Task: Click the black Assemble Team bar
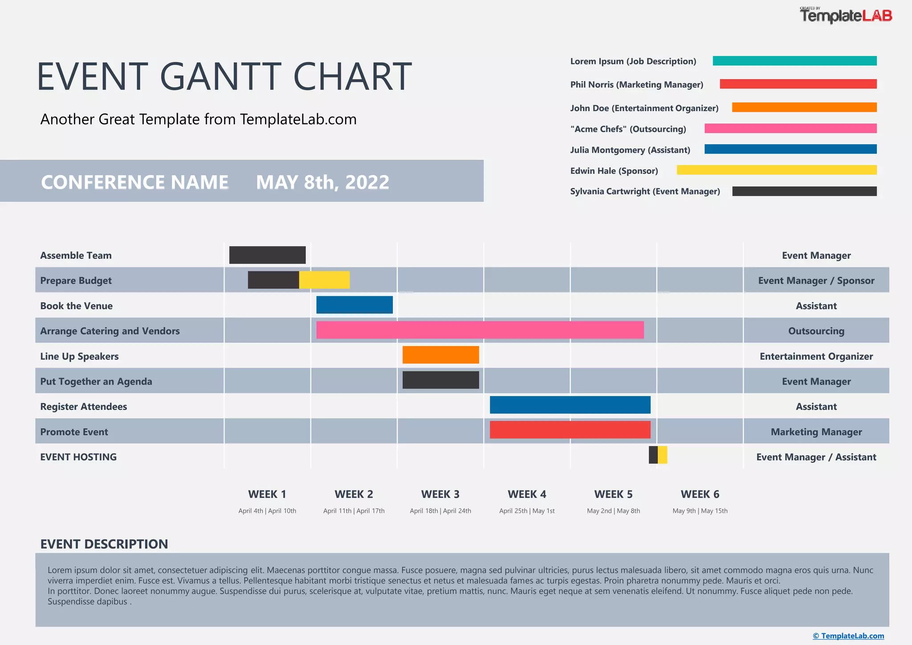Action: pyautogui.click(x=267, y=255)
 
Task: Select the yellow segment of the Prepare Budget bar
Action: pyautogui.click(x=324, y=280)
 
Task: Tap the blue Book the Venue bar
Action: pyautogui.click(x=354, y=305)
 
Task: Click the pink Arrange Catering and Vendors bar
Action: pyautogui.click(x=480, y=330)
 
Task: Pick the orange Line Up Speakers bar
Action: pyautogui.click(x=440, y=355)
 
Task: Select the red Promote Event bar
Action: pyautogui.click(x=570, y=430)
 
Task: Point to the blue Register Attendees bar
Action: pyautogui.click(x=570, y=405)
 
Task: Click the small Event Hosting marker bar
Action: pyautogui.click(x=658, y=455)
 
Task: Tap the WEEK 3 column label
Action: pyautogui.click(x=440, y=494)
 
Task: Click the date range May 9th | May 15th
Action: pyautogui.click(x=700, y=511)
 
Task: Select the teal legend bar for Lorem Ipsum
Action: pyautogui.click(x=794, y=61)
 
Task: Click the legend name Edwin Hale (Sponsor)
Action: pyautogui.click(x=614, y=171)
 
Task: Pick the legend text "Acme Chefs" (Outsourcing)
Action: pyautogui.click(x=628, y=129)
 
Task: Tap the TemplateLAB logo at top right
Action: pyautogui.click(x=846, y=16)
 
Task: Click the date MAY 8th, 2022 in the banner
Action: pyautogui.click(x=322, y=182)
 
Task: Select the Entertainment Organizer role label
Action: pyautogui.click(x=816, y=356)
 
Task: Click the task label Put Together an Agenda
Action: pyautogui.click(x=96, y=382)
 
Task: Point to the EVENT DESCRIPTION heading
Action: pyautogui.click(x=104, y=544)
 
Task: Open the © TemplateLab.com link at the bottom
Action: pyautogui.click(x=848, y=636)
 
